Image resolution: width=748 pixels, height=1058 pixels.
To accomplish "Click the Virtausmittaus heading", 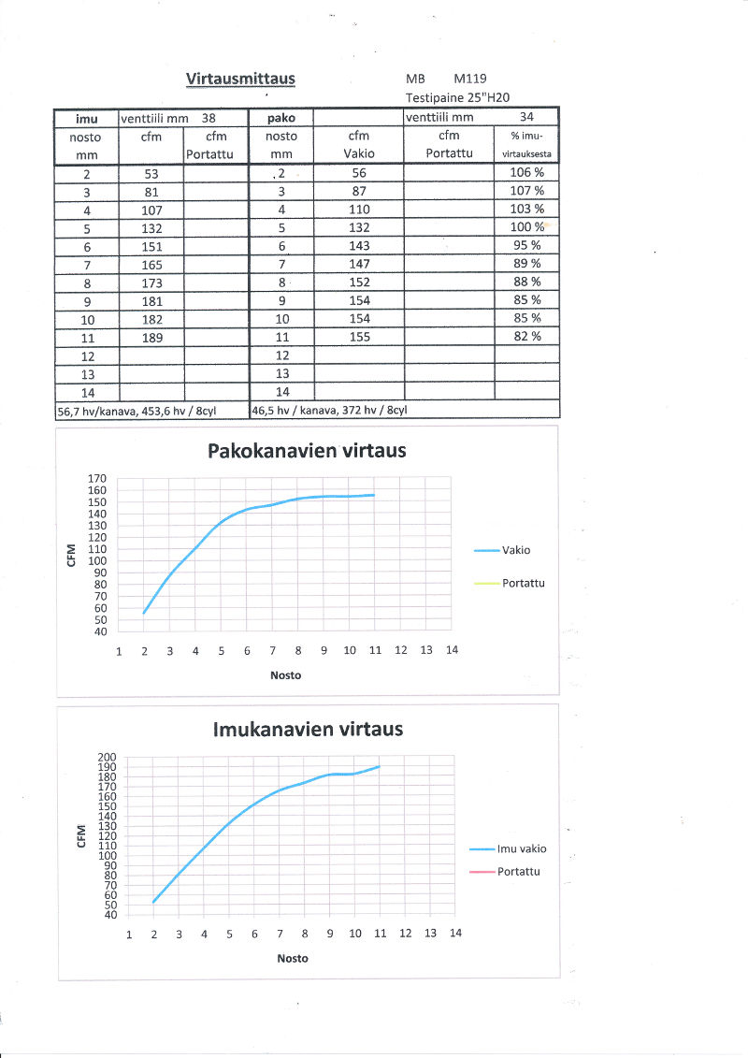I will pos(240,79).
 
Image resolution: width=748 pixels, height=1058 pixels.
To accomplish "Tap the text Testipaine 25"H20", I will pos(457,97).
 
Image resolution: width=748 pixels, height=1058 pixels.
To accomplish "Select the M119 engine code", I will pos(470,80).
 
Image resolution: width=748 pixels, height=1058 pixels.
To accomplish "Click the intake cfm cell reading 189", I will pos(151,337).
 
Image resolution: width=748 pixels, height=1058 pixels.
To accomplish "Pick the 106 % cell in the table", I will pos(526,173).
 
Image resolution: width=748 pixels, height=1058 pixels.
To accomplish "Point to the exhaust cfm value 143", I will pos(359,246).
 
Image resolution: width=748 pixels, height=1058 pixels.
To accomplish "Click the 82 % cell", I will pos(526,337).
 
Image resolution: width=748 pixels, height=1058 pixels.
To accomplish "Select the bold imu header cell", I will pos(86,119).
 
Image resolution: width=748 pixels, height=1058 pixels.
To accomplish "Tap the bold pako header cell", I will pos(281,119).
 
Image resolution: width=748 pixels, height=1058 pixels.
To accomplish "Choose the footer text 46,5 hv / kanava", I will pos(329,410).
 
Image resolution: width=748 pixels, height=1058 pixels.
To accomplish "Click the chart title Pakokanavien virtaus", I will pos(306,451).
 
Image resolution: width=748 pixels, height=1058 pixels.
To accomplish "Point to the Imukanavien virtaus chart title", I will pos(309,729).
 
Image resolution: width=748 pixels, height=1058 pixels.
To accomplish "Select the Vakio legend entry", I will pos(516,550).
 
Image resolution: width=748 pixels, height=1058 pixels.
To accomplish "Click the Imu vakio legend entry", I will pos(521,848).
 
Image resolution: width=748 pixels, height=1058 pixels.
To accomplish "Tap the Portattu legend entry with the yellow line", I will pos(523,583).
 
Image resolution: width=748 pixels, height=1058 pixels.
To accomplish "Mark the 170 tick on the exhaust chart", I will pos(98,478).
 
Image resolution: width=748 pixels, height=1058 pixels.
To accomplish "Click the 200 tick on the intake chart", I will pos(107,758).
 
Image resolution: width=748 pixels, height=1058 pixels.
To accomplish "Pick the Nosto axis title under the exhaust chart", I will pos(285,675).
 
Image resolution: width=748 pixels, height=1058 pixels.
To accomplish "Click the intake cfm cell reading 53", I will pos(151,173).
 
